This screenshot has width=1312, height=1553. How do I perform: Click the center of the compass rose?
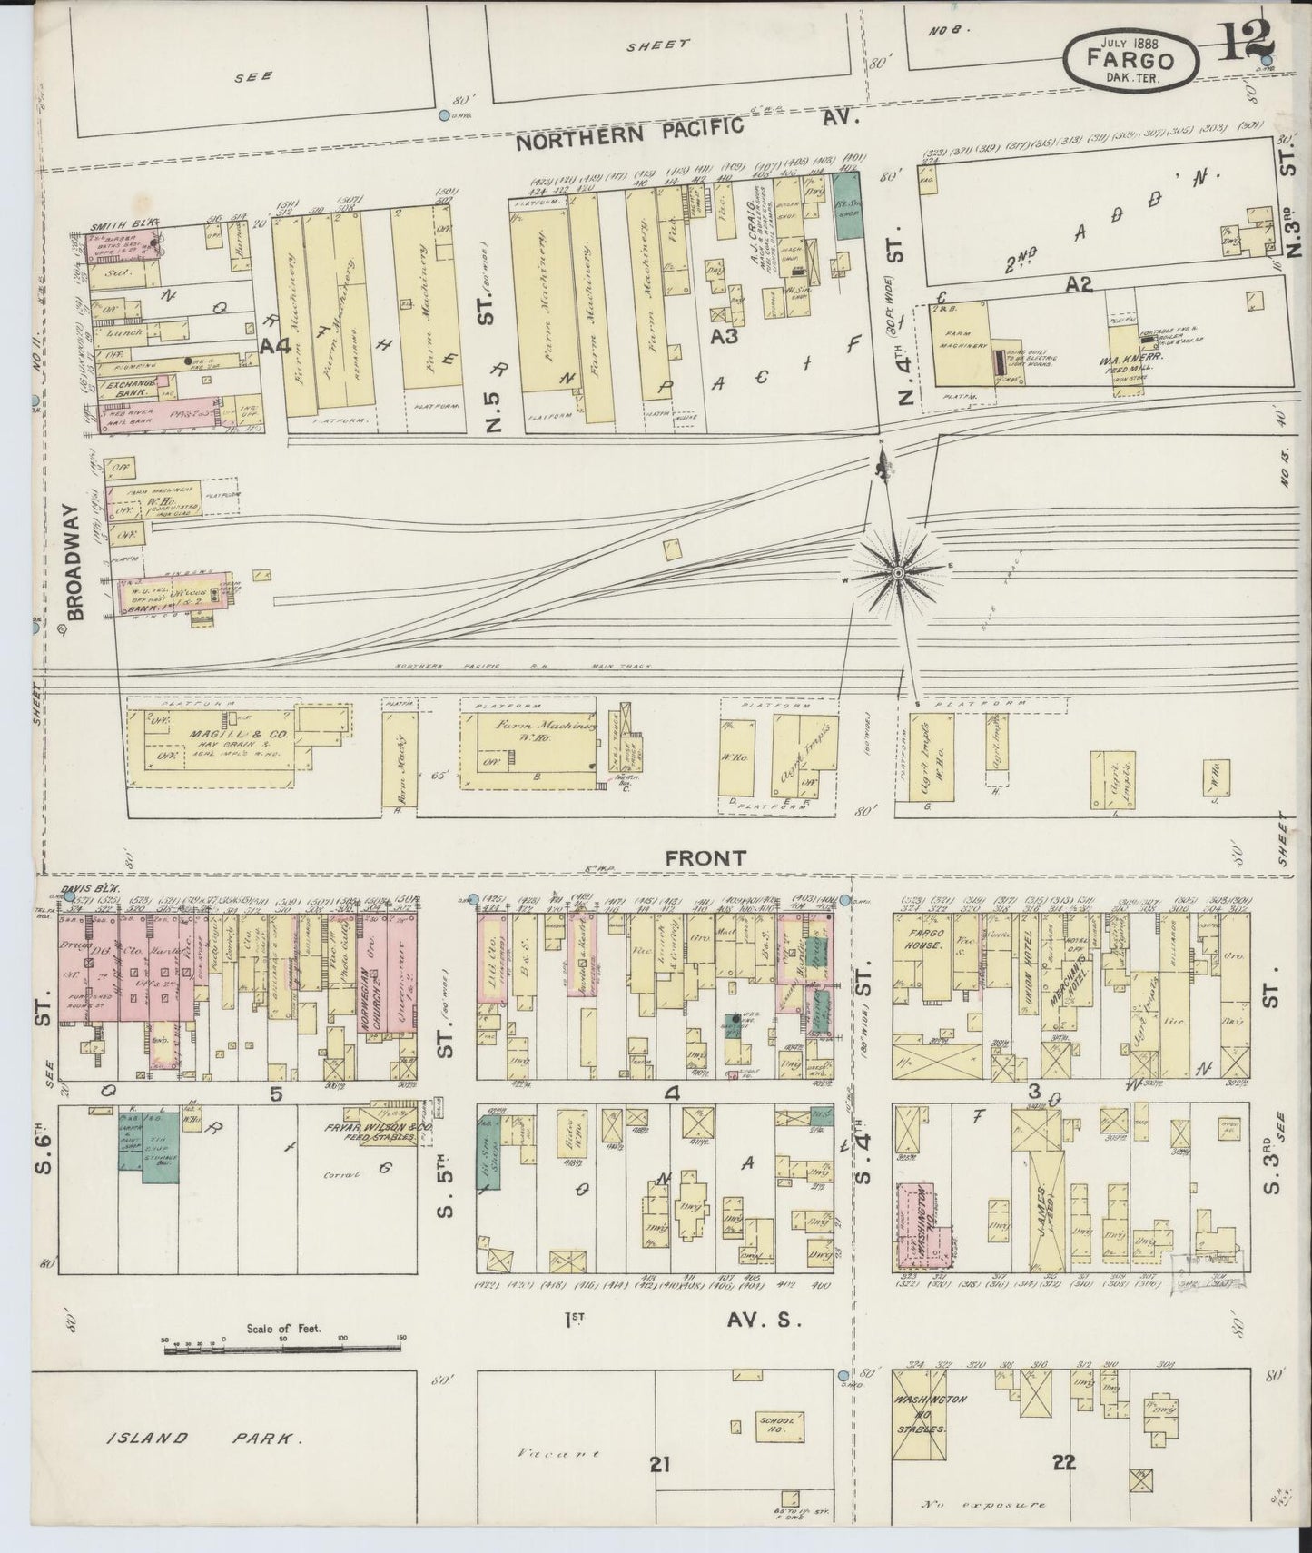point(897,572)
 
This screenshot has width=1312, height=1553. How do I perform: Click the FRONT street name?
point(705,856)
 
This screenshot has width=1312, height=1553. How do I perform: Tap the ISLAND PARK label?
point(204,1438)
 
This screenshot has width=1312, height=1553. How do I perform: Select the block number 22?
point(1064,1462)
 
